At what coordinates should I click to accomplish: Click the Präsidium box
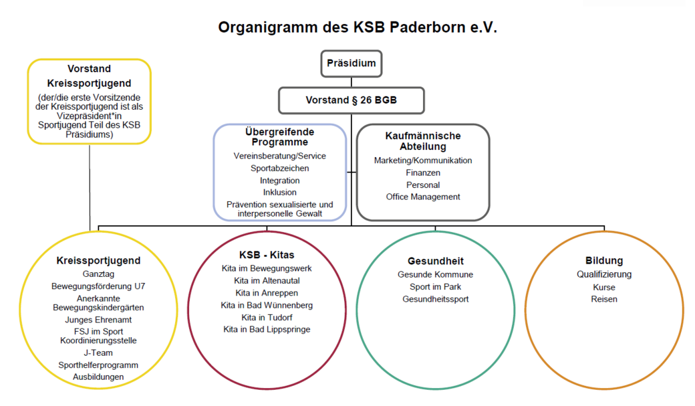point(351,64)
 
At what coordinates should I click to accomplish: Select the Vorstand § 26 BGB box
point(351,100)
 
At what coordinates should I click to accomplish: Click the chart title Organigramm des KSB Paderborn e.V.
point(358,28)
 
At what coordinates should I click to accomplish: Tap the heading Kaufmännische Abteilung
point(423,141)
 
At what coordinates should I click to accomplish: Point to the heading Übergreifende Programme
point(280,136)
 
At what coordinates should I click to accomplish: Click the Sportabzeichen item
point(280,169)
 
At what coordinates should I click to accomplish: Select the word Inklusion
point(280,193)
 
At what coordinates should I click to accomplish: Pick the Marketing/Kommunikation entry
point(423,161)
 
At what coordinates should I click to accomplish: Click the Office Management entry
point(423,197)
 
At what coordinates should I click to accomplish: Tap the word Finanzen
point(423,173)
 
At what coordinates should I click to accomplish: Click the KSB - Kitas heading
point(267,255)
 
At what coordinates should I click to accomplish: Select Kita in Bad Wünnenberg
point(267,305)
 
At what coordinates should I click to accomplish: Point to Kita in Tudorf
point(267,317)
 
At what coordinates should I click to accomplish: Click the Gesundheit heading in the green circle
point(436,261)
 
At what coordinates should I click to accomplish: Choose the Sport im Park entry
point(436,287)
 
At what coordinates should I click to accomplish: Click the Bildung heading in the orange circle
point(604,261)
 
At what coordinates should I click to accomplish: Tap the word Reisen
point(604,299)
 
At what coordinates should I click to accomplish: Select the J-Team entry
point(98,352)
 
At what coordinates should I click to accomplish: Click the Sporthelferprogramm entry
point(98,365)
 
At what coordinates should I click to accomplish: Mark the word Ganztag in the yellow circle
point(98,274)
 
